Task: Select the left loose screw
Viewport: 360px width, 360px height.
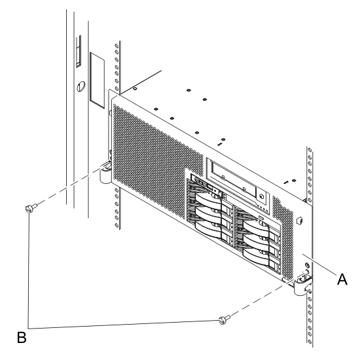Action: tap(29, 208)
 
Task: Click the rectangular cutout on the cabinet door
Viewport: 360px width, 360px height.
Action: tap(97, 80)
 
